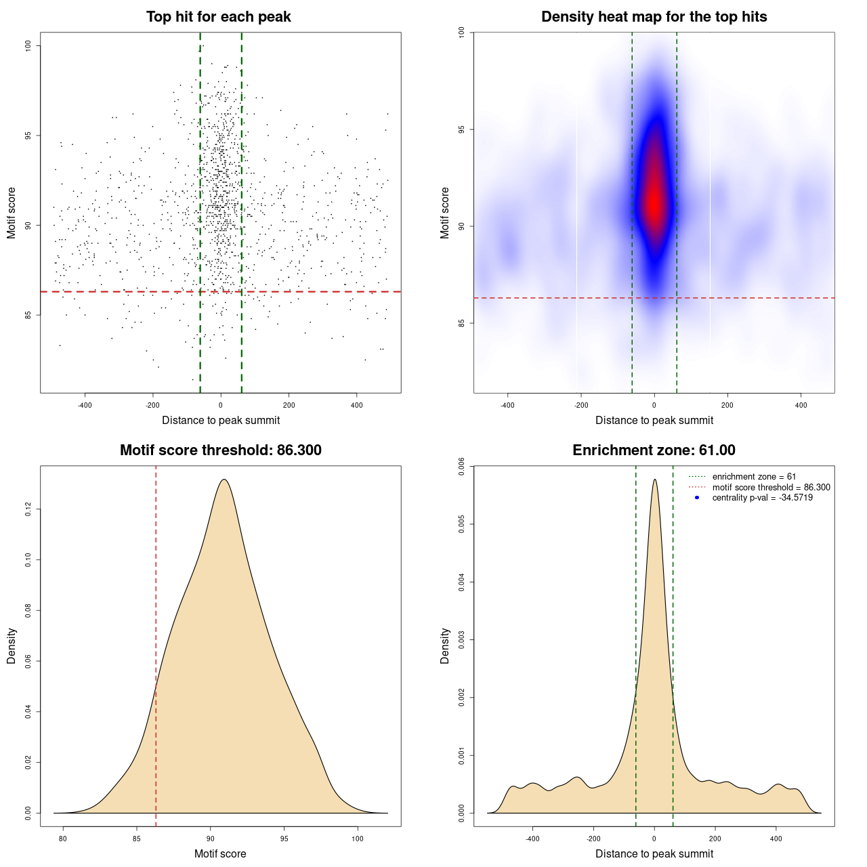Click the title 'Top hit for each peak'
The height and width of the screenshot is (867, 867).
pyautogui.click(x=218, y=17)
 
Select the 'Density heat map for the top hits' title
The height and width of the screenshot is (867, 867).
pyautogui.click(x=654, y=17)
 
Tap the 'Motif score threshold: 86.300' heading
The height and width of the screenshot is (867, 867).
pyautogui.click(x=220, y=450)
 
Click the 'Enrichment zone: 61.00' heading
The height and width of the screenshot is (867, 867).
pyautogui.click(x=654, y=450)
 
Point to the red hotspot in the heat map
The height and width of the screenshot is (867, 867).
pyautogui.click(x=654, y=200)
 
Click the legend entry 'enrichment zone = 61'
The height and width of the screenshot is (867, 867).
pyautogui.click(x=754, y=477)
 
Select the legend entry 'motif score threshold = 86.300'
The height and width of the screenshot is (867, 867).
pyautogui.click(x=771, y=487)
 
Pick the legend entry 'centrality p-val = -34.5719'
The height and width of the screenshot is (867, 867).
pyautogui.click(x=762, y=498)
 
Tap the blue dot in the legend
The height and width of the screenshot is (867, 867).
pyautogui.click(x=697, y=498)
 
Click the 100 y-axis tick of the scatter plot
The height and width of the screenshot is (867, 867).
pyautogui.click(x=28, y=45)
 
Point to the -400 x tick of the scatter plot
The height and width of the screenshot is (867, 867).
pyautogui.click(x=85, y=405)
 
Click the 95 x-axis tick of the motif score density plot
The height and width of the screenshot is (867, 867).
pyautogui.click(x=284, y=839)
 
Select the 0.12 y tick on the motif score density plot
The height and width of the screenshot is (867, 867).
pyautogui.click(x=28, y=509)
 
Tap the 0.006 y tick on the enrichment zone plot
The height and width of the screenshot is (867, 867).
pyautogui.click(x=462, y=467)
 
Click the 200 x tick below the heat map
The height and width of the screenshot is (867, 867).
pyautogui.click(x=727, y=405)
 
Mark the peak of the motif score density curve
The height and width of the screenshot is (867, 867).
pyautogui.click(x=224, y=480)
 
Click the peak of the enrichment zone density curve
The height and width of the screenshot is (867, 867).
pyautogui.click(x=654, y=480)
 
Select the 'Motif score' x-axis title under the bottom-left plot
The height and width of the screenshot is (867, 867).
pyautogui.click(x=220, y=853)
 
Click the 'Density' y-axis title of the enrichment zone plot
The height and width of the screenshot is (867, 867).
pyautogui.click(x=445, y=646)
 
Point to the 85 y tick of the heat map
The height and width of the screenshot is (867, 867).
pyautogui.click(x=462, y=323)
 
